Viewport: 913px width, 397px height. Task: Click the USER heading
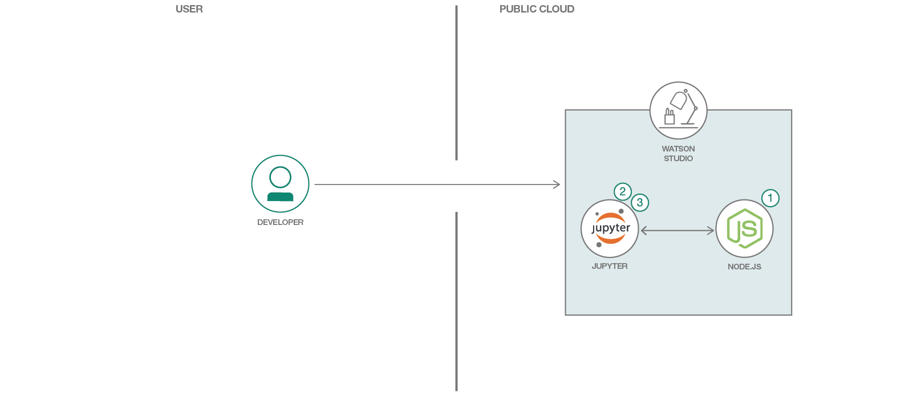[x=189, y=9]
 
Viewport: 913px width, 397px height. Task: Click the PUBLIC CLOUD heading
[x=537, y=9]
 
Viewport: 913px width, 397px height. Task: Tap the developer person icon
[x=280, y=184]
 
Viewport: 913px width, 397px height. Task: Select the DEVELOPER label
[x=280, y=222]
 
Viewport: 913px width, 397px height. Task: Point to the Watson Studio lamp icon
[x=678, y=110]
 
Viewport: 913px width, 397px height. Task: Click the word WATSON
[x=678, y=149]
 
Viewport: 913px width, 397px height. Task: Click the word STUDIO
[x=678, y=158]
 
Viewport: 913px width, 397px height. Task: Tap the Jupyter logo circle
[x=610, y=228]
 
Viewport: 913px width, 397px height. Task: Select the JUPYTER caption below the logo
[x=610, y=266]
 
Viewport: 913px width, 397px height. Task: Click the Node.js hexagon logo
[x=744, y=228]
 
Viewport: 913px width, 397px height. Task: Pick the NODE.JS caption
[x=744, y=267]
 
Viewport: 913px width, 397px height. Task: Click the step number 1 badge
[x=770, y=198]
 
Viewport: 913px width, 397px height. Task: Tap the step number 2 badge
[x=623, y=191]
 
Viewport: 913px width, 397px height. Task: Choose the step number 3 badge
[x=640, y=202]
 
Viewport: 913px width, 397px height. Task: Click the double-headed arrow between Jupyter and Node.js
[x=677, y=231]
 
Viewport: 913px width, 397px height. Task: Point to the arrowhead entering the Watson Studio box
[x=557, y=185]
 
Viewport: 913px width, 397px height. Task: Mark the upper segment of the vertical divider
[x=456, y=83]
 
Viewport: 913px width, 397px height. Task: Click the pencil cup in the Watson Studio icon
[x=669, y=117]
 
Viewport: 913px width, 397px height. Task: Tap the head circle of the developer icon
[x=280, y=177]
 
